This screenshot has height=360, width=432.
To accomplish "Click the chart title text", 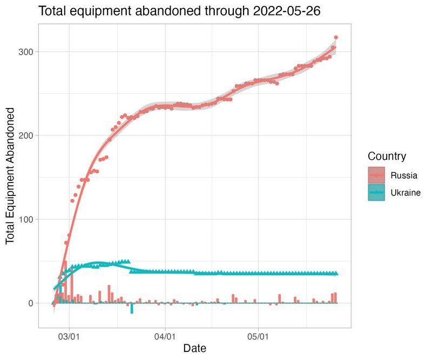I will click(180, 11).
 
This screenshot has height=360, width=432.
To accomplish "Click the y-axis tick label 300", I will click(27, 52).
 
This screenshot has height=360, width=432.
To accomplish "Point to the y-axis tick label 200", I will click(27, 135).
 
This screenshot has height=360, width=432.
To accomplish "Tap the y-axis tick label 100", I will click(27, 219).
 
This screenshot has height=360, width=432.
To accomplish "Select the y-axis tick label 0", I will click(31, 303).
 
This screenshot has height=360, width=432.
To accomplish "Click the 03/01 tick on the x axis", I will click(70, 335).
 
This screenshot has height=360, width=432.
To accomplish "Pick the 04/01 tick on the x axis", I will click(164, 335).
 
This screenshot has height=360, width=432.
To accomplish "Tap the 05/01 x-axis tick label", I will click(258, 335).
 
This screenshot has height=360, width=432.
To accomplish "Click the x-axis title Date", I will click(194, 348).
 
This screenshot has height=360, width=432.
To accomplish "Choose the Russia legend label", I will click(404, 175).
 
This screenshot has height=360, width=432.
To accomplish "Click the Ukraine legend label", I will click(406, 193).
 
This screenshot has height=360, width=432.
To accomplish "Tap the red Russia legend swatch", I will click(377, 175).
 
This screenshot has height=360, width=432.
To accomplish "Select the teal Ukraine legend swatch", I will click(377, 193).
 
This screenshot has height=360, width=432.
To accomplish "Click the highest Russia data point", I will click(336, 37).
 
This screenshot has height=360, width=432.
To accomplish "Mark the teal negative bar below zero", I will click(132, 308).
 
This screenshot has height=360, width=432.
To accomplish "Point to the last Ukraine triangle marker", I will click(336, 274).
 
